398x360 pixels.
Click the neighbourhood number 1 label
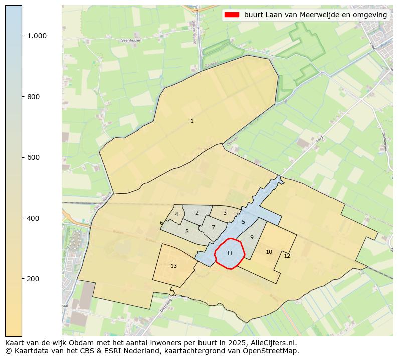coord(192,121)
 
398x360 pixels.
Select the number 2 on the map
coord(197,213)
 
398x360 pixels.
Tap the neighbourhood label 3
coord(225,213)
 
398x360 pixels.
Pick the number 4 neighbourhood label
coord(176,214)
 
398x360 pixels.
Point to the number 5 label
coord(243,222)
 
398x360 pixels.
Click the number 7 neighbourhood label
coord(213,227)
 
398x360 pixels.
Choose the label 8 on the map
coord(187,231)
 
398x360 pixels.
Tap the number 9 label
coord(252,237)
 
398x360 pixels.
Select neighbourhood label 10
coord(269,252)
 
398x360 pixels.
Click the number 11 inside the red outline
coord(230,253)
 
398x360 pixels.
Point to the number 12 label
coord(287,256)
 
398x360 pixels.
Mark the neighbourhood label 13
coord(173,266)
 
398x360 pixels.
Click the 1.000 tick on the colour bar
coord(37,36)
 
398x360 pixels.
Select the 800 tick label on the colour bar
coord(34,97)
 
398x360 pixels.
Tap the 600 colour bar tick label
coord(34,157)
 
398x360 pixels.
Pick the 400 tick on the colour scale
coord(34,218)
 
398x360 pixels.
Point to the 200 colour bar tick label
coord(34,279)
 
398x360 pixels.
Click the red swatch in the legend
coord(233,15)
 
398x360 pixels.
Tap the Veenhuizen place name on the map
coord(131,40)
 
